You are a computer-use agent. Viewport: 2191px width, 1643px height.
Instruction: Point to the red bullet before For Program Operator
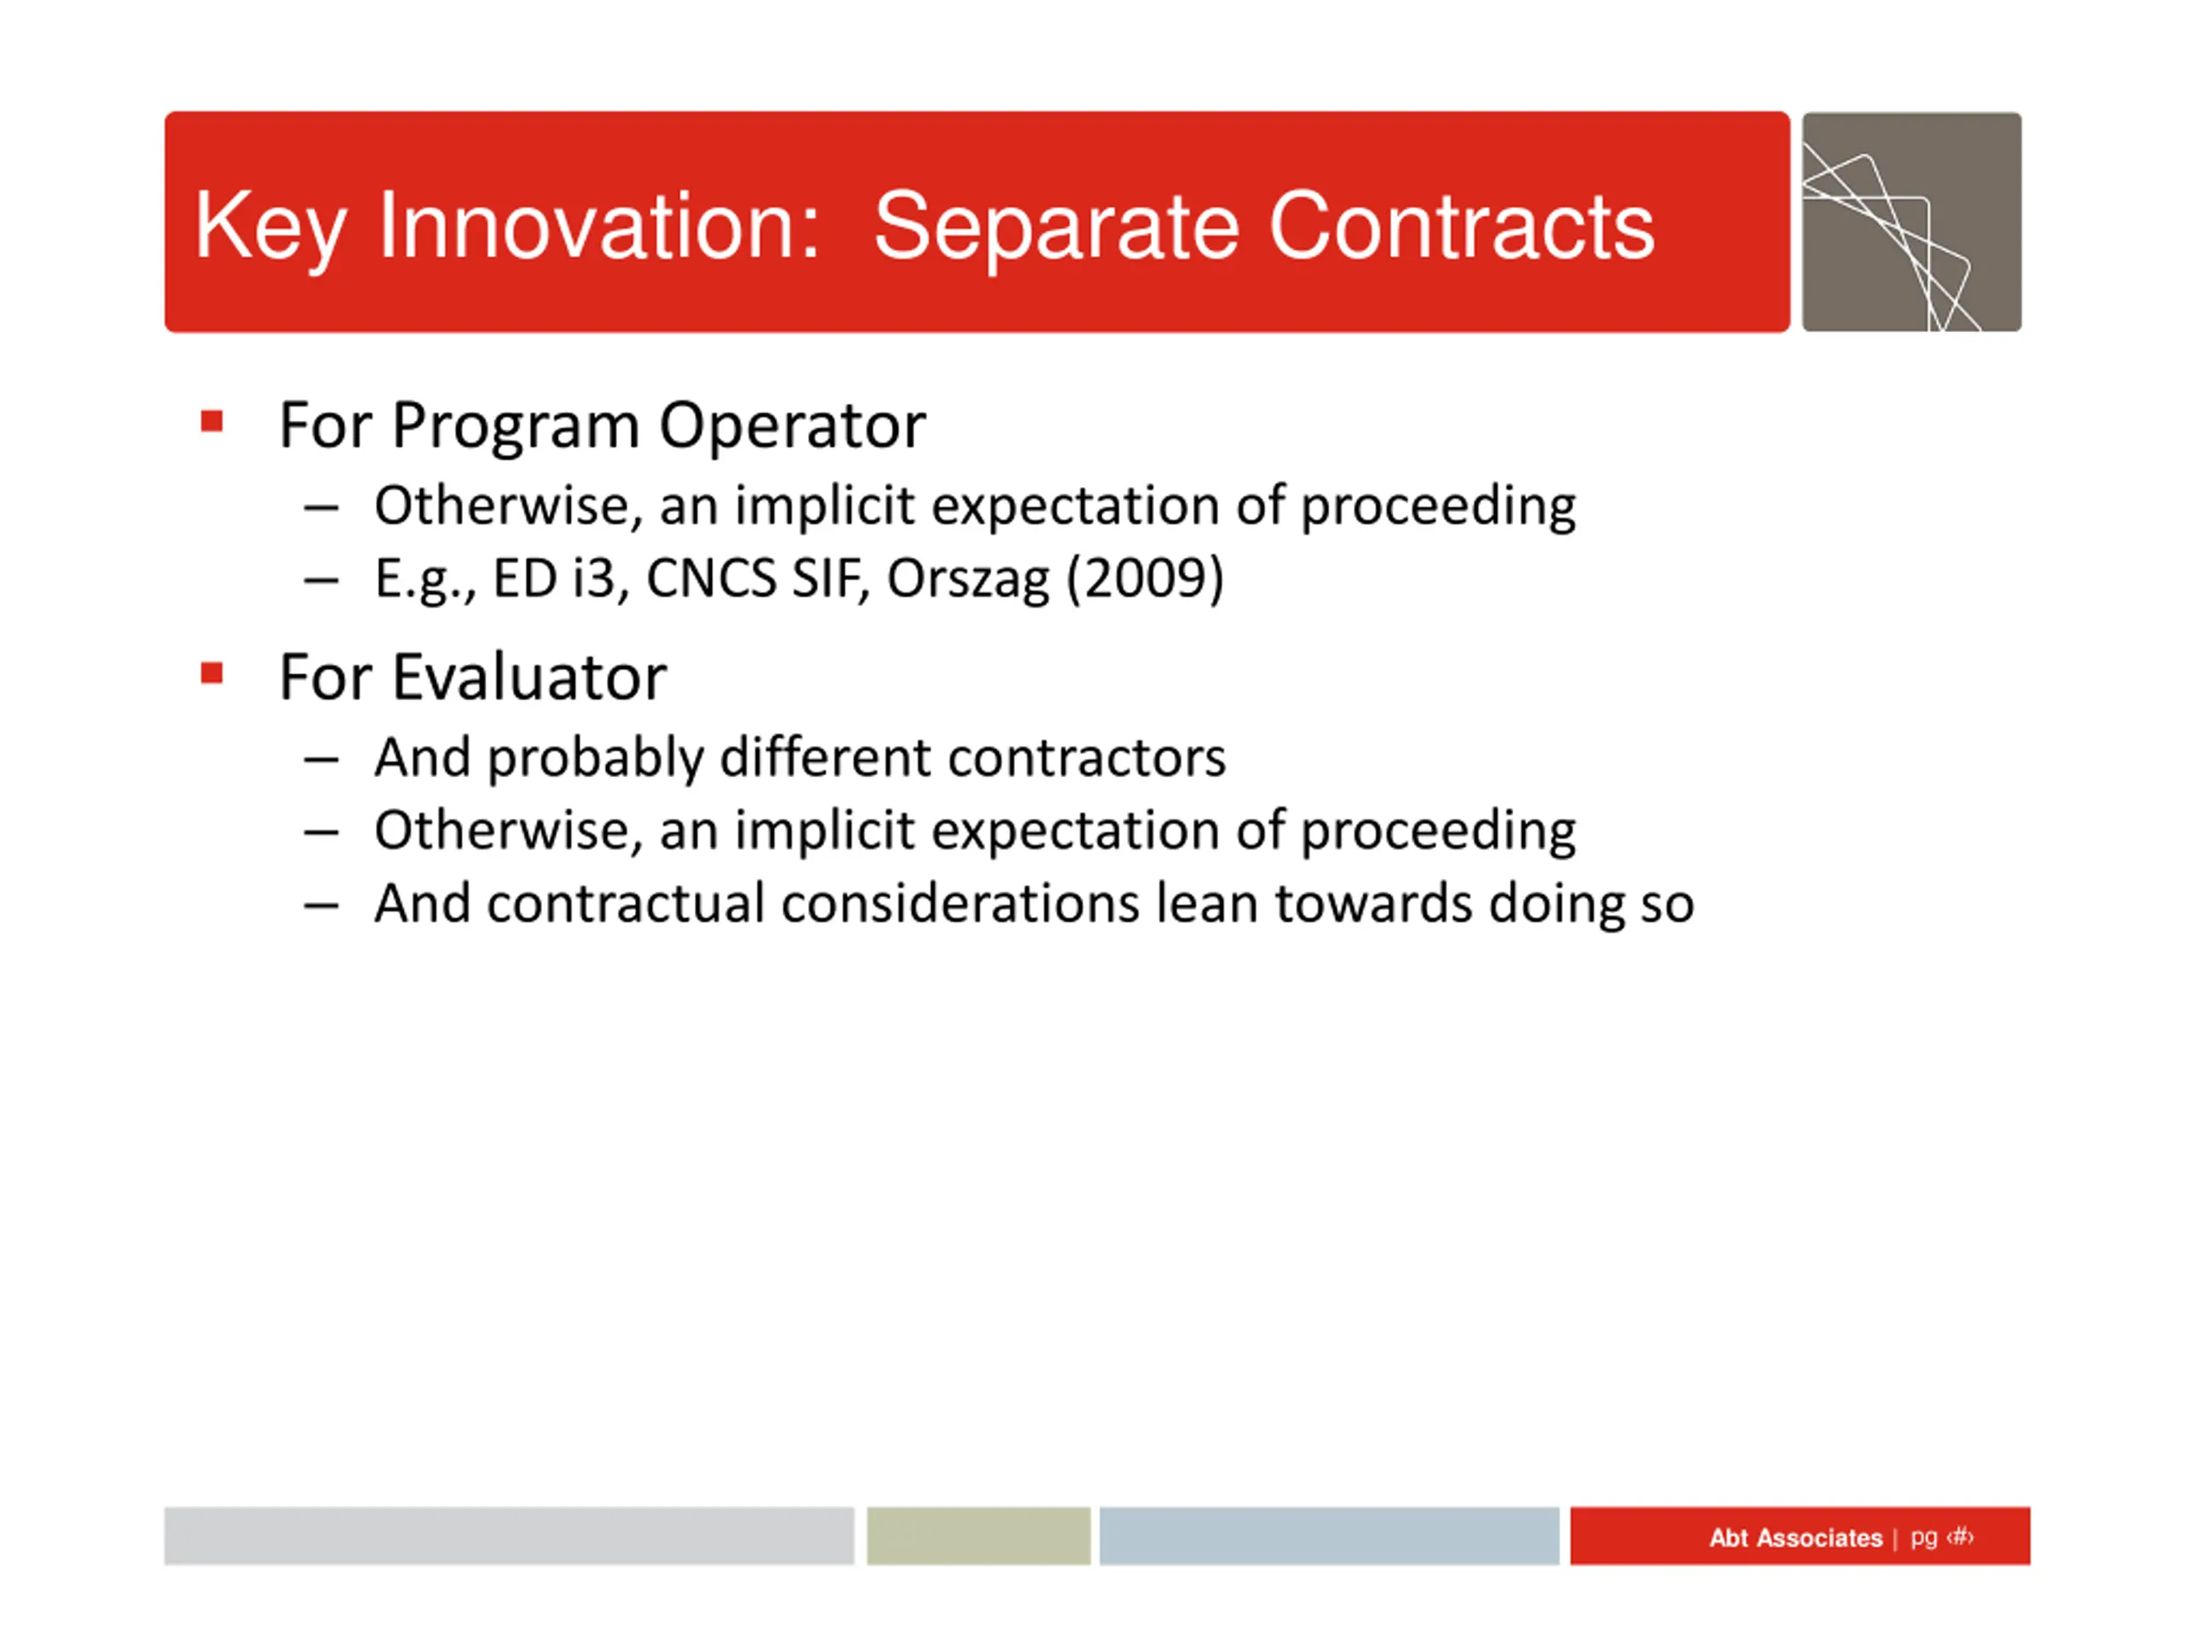coord(211,422)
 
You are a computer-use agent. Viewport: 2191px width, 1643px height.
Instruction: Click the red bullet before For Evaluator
coord(211,673)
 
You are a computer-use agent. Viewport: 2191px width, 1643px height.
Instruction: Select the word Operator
coord(793,427)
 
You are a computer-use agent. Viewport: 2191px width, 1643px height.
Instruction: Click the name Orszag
coord(968,580)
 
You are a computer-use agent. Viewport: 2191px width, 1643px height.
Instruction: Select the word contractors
coord(1087,759)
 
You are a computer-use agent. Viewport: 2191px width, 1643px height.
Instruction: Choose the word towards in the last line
coord(1374,905)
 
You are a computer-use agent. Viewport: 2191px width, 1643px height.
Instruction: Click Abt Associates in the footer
coord(1795,1538)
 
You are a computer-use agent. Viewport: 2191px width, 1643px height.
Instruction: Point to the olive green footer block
coord(978,1536)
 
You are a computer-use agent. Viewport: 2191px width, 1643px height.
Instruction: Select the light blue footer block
coord(1329,1536)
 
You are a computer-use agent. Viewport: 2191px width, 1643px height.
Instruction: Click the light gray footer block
coord(509,1536)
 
